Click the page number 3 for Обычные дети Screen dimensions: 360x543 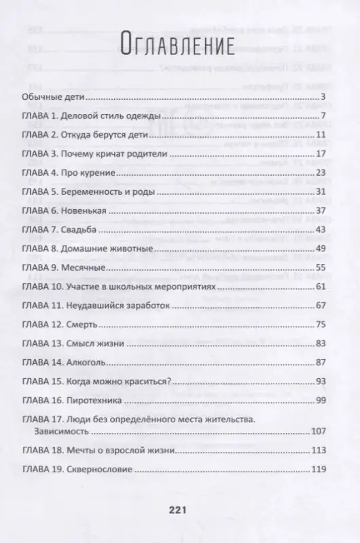(325, 98)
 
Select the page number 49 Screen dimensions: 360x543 (322, 250)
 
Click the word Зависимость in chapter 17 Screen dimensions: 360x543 (62, 432)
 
